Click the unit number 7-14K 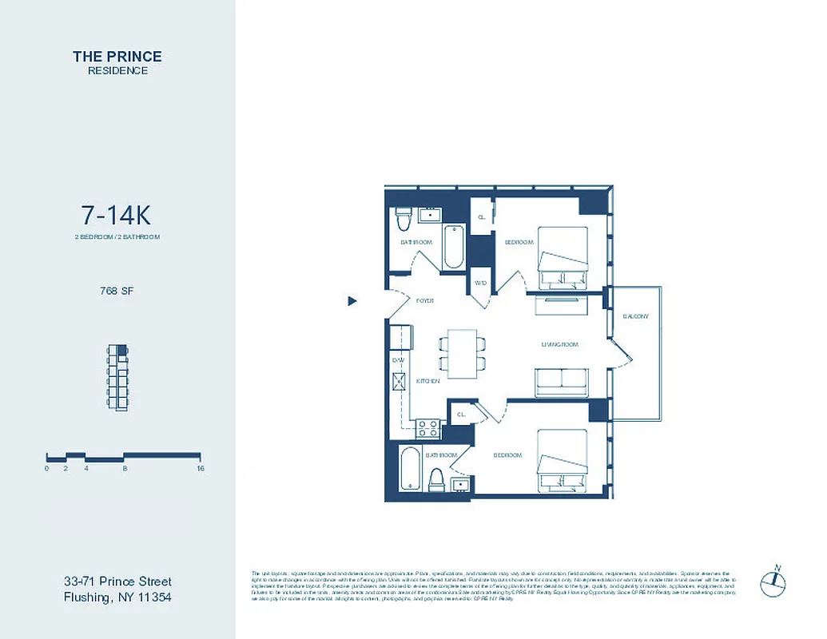point(116,216)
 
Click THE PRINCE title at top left point(117,57)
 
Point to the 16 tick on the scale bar point(201,469)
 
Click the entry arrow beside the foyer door point(352,301)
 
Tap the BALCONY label point(636,316)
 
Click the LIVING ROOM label point(559,344)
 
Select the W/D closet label point(481,284)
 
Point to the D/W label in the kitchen point(398,361)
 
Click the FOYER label point(424,301)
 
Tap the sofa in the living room point(562,381)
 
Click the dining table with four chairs point(462,354)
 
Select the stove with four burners point(427,427)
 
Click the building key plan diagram point(117,375)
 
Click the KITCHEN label point(428,382)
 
